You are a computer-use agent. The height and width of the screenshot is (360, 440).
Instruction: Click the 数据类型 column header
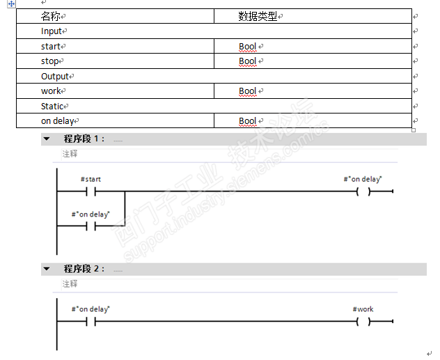point(258,16)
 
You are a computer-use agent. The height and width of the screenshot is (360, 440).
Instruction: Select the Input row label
point(52,31)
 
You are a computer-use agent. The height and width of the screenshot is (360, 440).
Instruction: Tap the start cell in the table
point(51,47)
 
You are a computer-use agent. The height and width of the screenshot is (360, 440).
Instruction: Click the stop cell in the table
point(50,61)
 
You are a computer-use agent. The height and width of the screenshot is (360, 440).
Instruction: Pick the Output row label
point(55,77)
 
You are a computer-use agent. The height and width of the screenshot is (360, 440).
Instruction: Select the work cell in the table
point(51,91)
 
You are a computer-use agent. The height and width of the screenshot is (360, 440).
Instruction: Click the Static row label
point(52,107)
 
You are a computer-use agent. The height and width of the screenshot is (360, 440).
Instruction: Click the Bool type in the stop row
point(247,61)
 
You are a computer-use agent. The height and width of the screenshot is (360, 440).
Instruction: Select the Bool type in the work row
point(247,91)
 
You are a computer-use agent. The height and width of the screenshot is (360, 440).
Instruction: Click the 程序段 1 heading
point(84,139)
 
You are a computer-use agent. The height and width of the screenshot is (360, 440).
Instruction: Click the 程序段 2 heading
point(84,269)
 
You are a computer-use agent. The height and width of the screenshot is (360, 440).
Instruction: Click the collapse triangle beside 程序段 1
point(47,139)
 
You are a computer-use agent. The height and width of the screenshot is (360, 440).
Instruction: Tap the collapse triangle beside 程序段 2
point(47,269)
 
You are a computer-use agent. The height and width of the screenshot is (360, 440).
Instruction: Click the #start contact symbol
point(91,191)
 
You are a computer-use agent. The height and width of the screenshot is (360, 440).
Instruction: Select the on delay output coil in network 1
point(363,191)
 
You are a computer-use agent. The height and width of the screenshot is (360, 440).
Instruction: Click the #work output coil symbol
point(363,321)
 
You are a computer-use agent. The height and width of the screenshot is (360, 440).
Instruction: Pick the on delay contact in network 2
point(91,321)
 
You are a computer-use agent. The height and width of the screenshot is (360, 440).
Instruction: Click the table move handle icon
point(11,4)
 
